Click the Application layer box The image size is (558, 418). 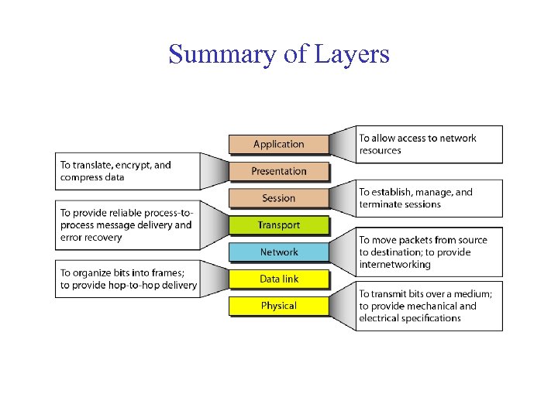pos(278,144)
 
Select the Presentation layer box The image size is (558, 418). pos(278,171)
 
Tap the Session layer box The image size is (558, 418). pos(278,198)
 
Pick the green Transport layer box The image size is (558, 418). pos(278,225)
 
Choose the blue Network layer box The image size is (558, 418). pos(278,252)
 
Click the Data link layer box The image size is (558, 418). pos(278,279)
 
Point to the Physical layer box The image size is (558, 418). pos(278,306)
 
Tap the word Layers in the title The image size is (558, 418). pos(352,54)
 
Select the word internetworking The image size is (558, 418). pos(394,265)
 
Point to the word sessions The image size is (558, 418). pos(422,204)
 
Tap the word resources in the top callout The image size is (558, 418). pos(380,150)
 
